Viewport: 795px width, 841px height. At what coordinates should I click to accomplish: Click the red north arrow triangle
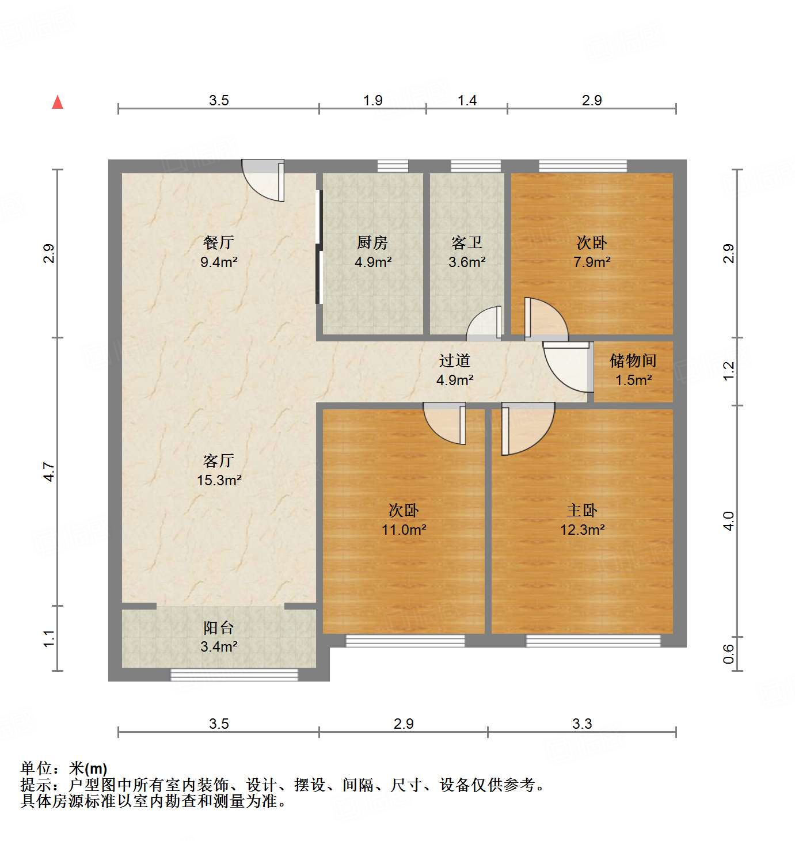pos(58,102)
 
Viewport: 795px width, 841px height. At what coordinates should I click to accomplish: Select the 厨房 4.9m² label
pos(372,252)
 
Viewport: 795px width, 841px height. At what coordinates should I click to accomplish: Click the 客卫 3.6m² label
pos(467,252)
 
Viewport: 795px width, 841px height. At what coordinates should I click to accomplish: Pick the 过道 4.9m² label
pos(455,370)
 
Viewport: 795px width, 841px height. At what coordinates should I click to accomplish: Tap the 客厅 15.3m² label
pos(219,470)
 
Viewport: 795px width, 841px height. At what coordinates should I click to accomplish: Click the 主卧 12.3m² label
pos(582,519)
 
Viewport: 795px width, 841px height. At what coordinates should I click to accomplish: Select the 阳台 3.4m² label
pos(219,637)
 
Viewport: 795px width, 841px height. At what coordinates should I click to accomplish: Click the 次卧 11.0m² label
pos(404,519)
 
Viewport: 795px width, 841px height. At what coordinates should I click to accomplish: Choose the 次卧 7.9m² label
pos(592,252)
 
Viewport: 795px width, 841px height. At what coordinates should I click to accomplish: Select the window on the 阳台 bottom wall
pos(234,674)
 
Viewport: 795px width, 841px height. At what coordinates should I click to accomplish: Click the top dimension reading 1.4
pos(467,101)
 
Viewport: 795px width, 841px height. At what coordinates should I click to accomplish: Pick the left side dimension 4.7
pos(50,472)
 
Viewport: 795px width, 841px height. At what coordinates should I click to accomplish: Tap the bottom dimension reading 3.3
pos(581,724)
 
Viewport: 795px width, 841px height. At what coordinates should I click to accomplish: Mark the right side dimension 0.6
pos(729,653)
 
